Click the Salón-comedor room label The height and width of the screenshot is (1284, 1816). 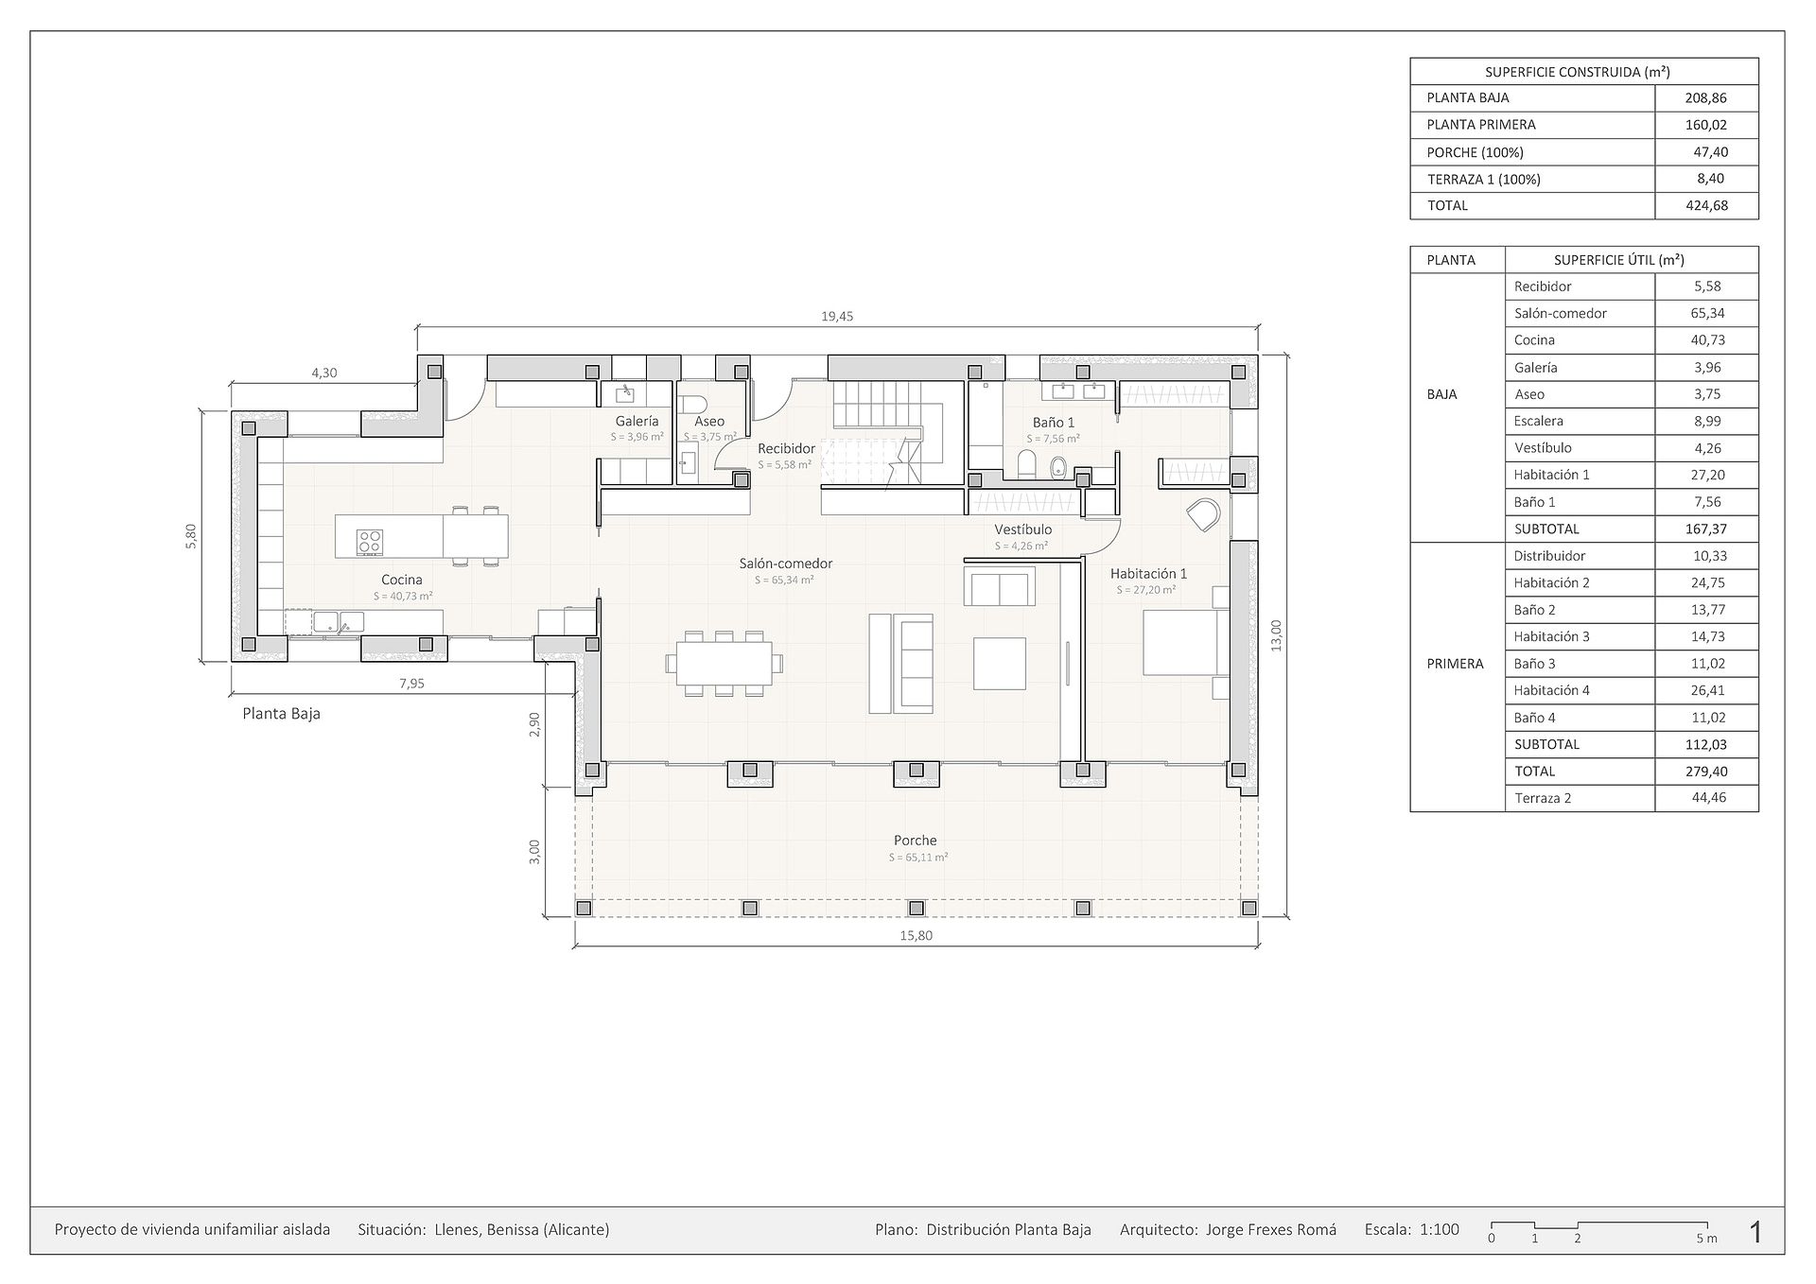coord(786,564)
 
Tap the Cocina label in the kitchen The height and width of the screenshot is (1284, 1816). coord(402,580)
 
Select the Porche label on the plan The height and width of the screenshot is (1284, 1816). coord(916,841)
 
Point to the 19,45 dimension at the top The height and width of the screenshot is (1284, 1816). coord(837,317)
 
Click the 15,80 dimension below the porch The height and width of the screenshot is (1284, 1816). coord(916,936)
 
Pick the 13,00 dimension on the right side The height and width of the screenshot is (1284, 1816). coord(1276,635)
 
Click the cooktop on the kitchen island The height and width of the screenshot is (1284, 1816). coord(370,542)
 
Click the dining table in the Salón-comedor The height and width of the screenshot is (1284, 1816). coord(724,663)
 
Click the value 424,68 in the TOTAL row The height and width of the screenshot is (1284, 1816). coord(1706,205)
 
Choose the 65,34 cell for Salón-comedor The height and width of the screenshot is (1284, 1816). coord(1707,313)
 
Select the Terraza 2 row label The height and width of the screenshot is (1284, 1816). coord(1543,798)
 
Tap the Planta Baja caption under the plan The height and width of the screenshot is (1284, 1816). coord(281,714)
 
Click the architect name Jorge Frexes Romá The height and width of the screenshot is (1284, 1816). coord(1271,1230)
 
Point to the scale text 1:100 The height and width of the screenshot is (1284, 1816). coord(1439,1230)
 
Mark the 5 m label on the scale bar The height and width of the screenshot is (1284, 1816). coord(1706,1239)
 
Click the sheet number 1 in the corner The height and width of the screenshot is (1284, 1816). coord(1755,1232)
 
